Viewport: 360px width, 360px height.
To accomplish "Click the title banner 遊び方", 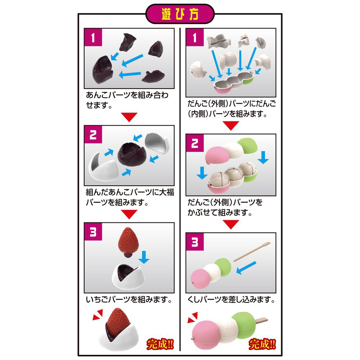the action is coord(180,14).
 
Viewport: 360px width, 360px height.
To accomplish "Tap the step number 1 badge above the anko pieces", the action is coord(93,37).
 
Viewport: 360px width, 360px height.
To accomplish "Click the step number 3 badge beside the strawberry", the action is coord(93,231).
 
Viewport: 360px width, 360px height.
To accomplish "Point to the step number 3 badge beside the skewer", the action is coord(195,242).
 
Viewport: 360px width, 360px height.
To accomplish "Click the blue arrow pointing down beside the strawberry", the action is coord(144,257).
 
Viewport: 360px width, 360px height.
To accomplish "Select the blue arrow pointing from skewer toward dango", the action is coord(246,267).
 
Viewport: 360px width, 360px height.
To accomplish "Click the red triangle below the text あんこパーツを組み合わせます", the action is coord(129,117).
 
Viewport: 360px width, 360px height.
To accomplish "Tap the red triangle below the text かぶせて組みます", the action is coord(231,224).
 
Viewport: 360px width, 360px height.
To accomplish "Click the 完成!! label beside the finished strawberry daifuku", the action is coord(160,344).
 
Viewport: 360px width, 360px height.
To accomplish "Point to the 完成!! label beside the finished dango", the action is coord(262,344).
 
